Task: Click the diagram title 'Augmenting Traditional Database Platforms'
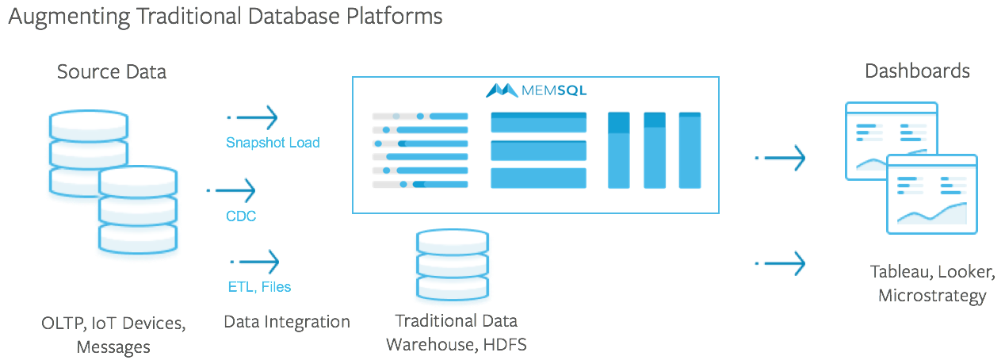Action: point(225,17)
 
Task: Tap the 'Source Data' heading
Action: point(112,72)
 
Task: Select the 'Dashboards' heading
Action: point(917,71)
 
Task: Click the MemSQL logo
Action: point(536,90)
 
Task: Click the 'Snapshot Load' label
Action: point(273,143)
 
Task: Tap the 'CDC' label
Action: point(241,216)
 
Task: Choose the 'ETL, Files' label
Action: point(258,287)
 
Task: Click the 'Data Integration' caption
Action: point(287,322)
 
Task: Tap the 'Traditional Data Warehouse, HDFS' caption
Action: point(456,333)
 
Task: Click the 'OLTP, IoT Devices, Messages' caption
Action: point(113,335)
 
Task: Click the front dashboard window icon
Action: point(932,194)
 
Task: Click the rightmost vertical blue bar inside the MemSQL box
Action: point(690,151)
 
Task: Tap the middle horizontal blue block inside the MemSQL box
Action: point(538,150)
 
